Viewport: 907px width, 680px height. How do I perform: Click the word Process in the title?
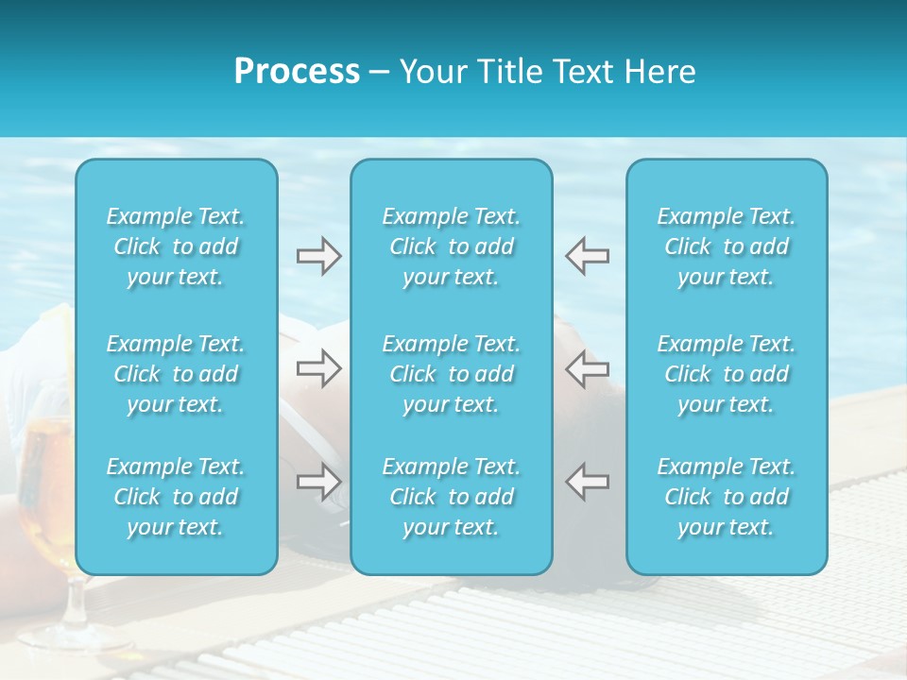[x=297, y=72]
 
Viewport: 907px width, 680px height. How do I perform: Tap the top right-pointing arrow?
[x=318, y=256]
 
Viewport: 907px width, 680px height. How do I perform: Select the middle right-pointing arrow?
[x=318, y=368]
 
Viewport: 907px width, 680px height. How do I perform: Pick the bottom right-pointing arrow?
[x=318, y=482]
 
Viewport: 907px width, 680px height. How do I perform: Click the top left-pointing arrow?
[x=587, y=256]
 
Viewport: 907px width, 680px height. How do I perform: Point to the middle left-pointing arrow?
[x=587, y=368]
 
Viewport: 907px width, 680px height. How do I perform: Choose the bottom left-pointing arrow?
[x=587, y=482]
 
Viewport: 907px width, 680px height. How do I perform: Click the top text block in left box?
[x=176, y=246]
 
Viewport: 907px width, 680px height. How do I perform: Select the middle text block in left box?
[x=176, y=374]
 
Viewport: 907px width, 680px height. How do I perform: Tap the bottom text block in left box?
[x=176, y=497]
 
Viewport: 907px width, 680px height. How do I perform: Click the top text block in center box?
[x=452, y=246]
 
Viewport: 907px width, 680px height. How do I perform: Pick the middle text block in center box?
[x=452, y=374]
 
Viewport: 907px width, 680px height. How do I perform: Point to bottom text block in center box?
[x=452, y=497]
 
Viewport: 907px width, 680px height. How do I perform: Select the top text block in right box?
[x=727, y=246]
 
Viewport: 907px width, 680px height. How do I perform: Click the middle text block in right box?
[x=727, y=374]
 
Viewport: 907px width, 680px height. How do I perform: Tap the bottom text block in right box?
[x=727, y=497]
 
